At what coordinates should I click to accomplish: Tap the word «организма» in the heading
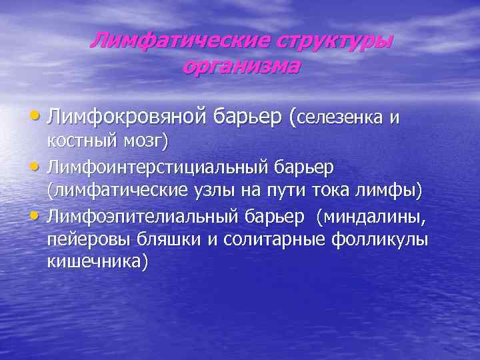pyautogui.click(x=241, y=67)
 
